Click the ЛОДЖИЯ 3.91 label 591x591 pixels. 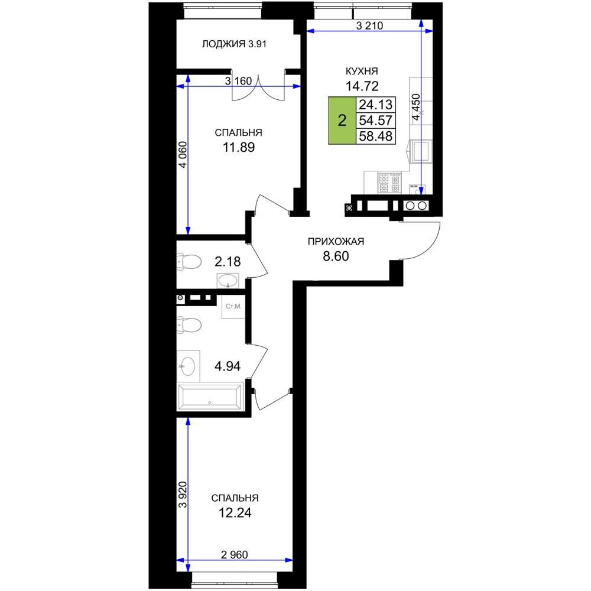pos(234,44)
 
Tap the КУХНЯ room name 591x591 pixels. pos(362,71)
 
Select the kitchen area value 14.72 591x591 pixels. pos(362,86)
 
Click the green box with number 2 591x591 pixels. pos(342,121)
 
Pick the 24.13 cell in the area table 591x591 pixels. pos(375,105)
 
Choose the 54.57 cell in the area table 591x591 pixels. pos(375,120)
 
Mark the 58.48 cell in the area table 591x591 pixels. pos(375,136)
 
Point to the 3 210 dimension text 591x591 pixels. pos(369,25)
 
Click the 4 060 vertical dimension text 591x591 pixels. pos(183,154)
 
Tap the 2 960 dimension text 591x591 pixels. pos(235,554)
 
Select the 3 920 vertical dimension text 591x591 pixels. pos(183,495)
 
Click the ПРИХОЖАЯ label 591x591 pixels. pos(336,241)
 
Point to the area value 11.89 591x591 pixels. pos(239,147)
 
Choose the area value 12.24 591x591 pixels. pos(235,513)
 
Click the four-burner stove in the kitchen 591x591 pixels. pos(389,183)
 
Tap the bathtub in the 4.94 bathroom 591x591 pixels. pos(210,397)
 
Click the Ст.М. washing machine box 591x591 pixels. pos(233,306)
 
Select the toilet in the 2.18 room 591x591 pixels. pos(189,261)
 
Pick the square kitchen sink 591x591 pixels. pos(421,151)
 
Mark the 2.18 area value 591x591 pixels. pos(228,262)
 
